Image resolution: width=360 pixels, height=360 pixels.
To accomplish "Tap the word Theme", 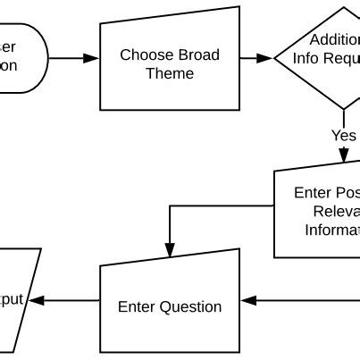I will click(x=170, y=73).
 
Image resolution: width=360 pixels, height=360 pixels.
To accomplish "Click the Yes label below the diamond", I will click(x=343, y=136).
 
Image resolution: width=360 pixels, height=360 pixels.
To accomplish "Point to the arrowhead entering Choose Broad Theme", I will click(x=91, y=58).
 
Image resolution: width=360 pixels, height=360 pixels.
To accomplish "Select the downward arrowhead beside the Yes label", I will click(x=344, y=156).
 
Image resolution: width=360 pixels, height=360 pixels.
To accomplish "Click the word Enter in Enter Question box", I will click(x=138, y=306).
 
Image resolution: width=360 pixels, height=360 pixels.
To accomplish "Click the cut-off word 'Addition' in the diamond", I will click(x=334, y=39).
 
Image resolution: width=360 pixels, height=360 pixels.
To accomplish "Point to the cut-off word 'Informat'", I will click(x=331, y=229).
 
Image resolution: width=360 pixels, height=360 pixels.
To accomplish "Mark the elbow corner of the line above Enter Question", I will click(x=169, y=206).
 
